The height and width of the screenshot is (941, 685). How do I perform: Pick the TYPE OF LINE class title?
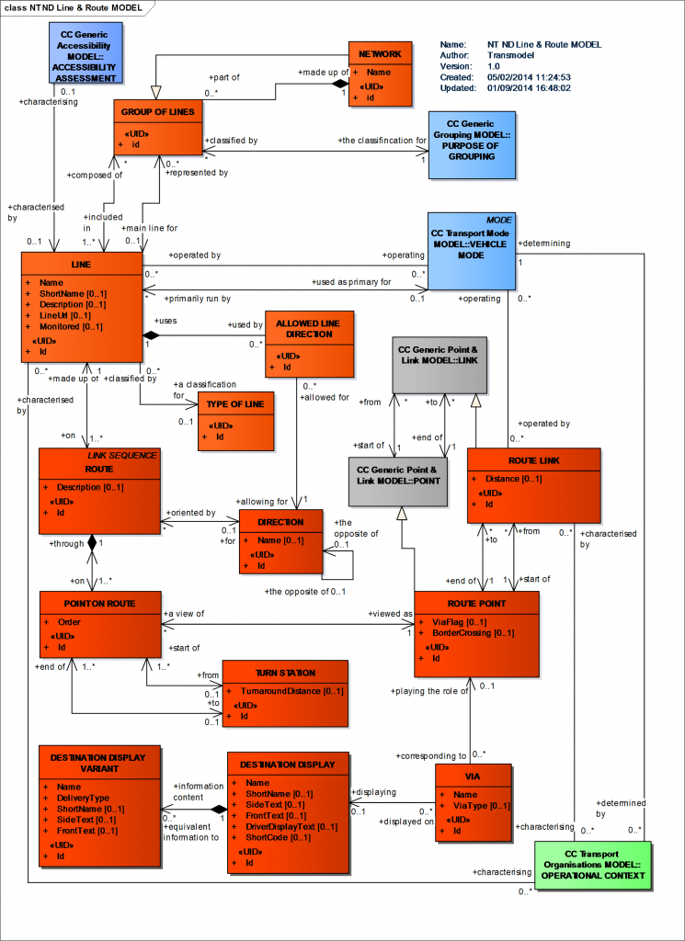click(x=235, y=405)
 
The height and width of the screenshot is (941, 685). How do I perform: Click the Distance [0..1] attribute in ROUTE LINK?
click(x=519, y=479)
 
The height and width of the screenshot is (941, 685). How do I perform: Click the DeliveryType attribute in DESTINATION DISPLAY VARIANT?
click(x=83, y=798)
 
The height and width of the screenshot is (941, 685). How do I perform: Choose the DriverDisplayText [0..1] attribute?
click(x=291, y=827)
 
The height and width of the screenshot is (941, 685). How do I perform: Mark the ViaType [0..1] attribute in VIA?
click(x=482, y=806)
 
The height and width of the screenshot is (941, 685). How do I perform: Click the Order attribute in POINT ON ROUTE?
click(x=69, y=621)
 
